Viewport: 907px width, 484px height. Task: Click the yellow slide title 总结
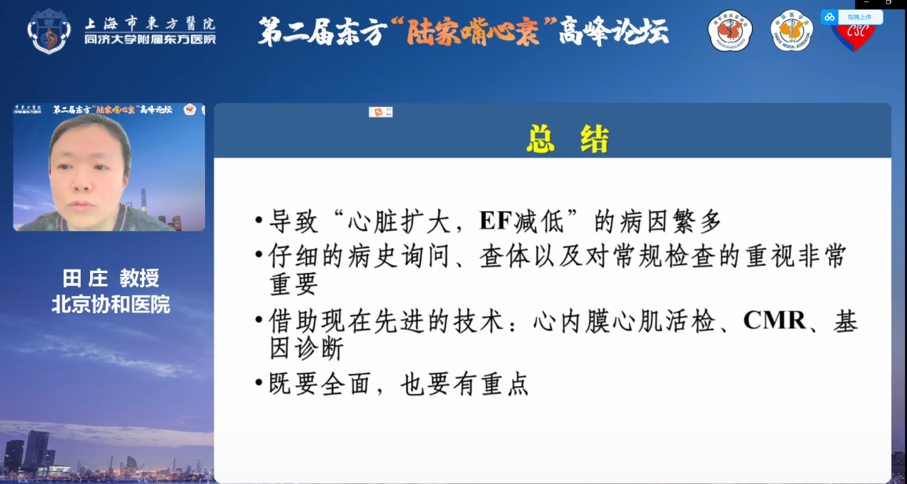pos(568,139)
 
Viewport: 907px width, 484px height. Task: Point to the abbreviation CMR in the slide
pos(775,321)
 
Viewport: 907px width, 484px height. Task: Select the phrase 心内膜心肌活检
pos(625,322)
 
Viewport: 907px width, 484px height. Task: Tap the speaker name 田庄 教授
pos(111,278)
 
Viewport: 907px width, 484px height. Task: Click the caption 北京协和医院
pos(111,305)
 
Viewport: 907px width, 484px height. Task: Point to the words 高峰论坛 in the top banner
pos(614,31)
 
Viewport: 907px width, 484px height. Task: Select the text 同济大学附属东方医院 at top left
pos(149,39)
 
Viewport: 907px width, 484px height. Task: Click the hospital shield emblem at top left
pos(49,31)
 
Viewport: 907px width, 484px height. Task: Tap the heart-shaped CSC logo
pos(853,36)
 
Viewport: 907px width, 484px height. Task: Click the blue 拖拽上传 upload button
pos(852,17)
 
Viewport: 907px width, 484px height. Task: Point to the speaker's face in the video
pos(89,166)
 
